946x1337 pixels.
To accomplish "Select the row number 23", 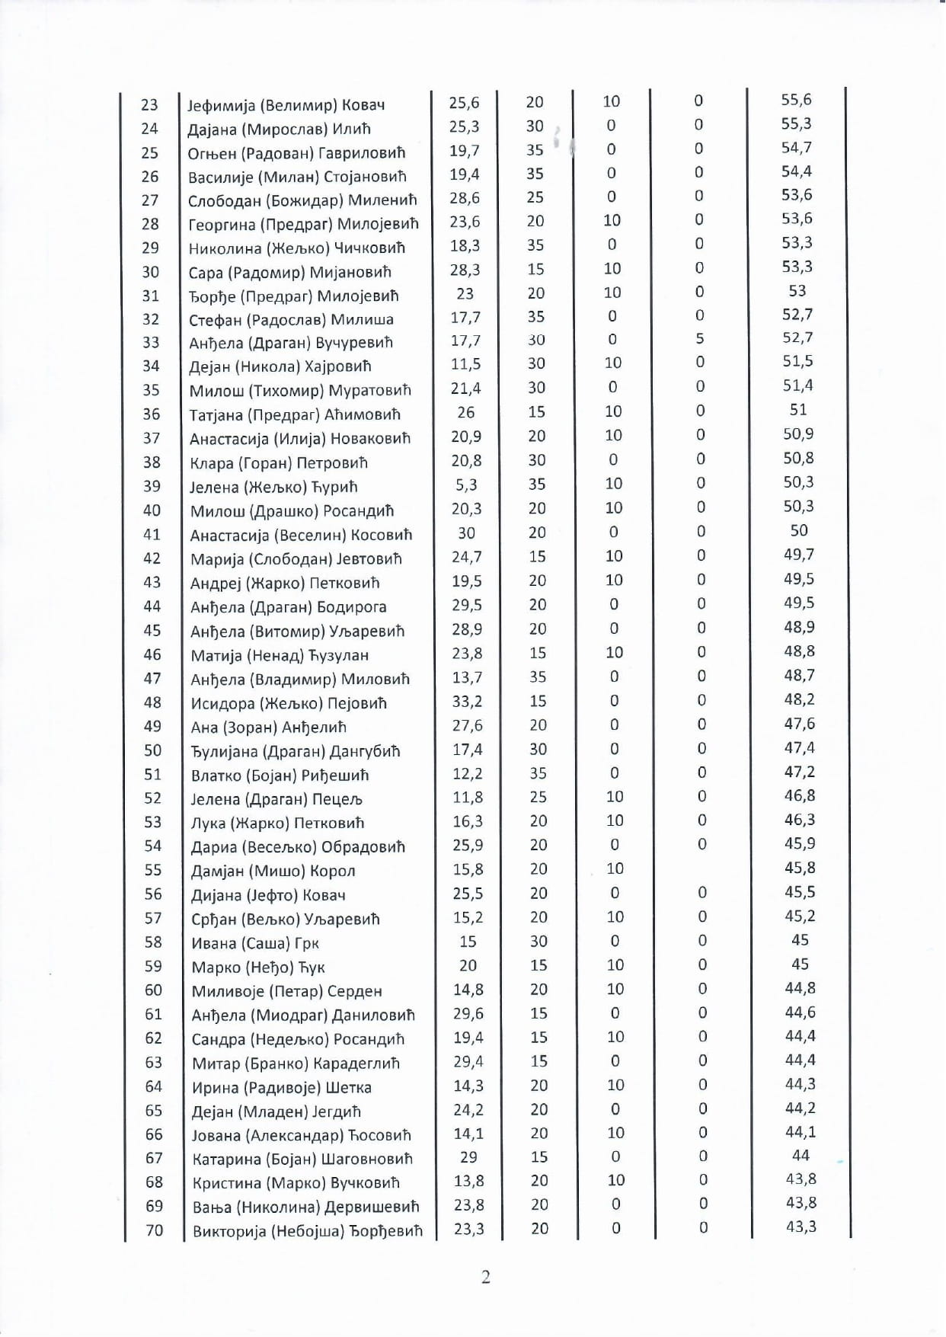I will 149,104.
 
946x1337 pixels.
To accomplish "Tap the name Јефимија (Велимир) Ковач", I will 286,105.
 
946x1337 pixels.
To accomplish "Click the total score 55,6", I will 796,100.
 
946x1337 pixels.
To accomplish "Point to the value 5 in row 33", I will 699,339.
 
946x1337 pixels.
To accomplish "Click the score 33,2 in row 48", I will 467,702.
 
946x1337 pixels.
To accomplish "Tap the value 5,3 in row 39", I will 466,485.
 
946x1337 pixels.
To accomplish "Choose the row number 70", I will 154,1230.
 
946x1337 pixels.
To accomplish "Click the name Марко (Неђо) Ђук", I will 258,968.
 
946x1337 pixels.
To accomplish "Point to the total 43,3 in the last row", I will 801,1227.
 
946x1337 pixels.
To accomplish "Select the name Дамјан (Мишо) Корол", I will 273,871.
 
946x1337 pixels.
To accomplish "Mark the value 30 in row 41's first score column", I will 466,533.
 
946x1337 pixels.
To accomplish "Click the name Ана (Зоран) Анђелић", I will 269,727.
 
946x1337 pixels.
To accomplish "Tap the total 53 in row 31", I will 797,291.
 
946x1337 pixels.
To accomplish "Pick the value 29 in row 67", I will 468,1157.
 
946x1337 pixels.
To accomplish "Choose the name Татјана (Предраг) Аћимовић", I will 295,414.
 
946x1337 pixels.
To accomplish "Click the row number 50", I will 152,750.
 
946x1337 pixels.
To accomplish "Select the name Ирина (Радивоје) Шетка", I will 281,1088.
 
